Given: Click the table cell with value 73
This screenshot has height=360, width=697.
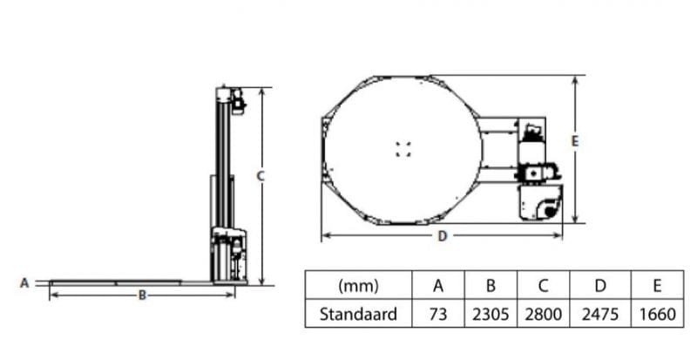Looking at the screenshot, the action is [438, 314].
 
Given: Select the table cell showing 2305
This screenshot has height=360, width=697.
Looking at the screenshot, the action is [491, 314].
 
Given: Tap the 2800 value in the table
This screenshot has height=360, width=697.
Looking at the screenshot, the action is [543, 314].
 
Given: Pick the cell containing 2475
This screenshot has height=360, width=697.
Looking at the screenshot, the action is [600, 314].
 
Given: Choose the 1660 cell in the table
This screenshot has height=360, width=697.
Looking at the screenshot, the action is [658, 314].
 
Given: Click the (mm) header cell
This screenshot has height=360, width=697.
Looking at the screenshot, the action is [359, 285].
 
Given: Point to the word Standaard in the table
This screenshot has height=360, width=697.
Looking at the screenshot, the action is [358, 314].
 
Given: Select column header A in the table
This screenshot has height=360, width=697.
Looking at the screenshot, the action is [438, 285].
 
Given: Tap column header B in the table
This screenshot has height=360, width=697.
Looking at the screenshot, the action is [491, 285].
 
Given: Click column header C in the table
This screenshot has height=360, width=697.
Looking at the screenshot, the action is [543, 285].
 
